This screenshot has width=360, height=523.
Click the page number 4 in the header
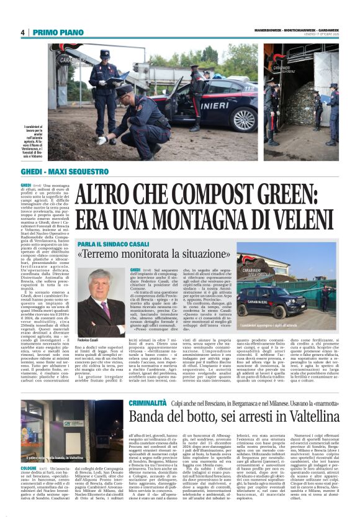22,32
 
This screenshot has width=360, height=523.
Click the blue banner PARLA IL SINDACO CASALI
114,243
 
